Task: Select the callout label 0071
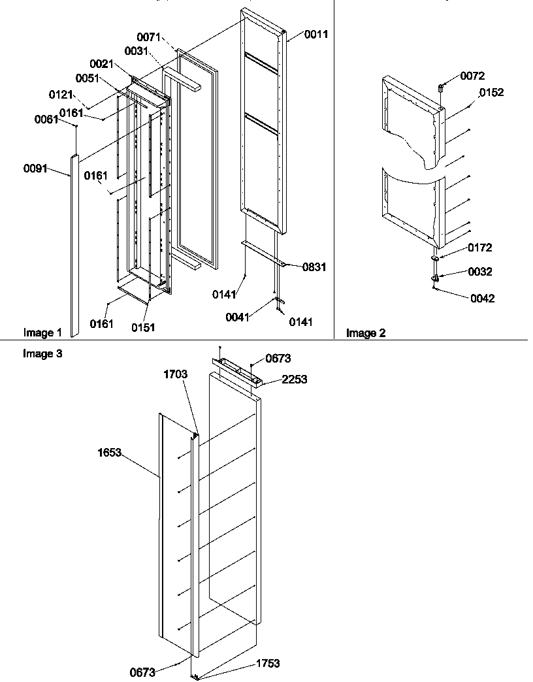coord(148,37)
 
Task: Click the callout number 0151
coord(144,327)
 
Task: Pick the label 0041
coord(237,317)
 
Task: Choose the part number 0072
coord(472,76)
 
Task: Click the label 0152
coord(491,93)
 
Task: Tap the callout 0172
coord(480,248)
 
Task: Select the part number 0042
coord(482,299)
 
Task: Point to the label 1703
coord(176,374)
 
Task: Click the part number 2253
coord(294,379)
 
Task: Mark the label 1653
coord(110,452)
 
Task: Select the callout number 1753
coord(268,663)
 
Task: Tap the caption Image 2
coord(366,333)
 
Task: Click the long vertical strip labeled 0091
coord(74,248)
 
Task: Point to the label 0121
coord(61,95)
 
